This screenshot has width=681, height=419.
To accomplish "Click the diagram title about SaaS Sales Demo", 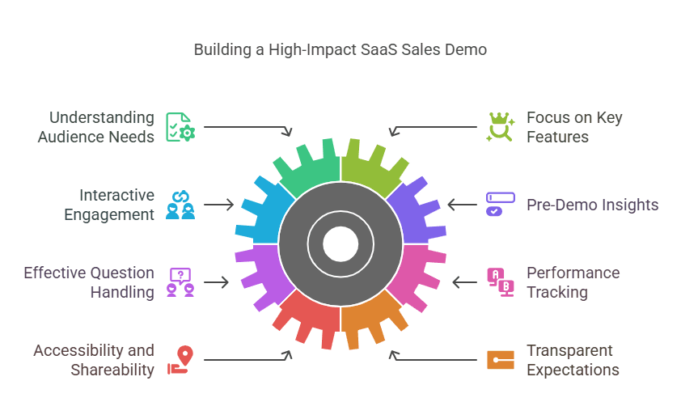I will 340,50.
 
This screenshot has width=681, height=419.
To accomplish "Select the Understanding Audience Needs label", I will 95,127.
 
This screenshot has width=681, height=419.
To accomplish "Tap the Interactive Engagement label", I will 116,205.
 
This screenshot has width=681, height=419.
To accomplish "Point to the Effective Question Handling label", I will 89,282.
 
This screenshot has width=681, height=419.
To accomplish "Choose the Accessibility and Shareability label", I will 94,360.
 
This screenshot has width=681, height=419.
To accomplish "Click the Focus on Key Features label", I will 574,127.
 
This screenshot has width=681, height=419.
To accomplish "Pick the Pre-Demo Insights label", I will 592,205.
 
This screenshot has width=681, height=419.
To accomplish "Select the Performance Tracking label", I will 573,282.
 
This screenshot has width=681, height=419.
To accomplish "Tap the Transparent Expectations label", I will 573,360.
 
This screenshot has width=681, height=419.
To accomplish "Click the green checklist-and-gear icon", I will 180,127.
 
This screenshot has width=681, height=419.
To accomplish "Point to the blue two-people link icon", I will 180,205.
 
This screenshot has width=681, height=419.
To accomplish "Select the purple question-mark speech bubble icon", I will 180,282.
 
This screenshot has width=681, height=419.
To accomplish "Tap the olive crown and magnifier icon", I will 500,127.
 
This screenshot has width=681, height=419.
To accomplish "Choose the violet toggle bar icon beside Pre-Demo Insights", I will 500,205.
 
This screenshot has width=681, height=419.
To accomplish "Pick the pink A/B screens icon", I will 500,282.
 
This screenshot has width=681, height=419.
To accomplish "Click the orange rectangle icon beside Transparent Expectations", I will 500,360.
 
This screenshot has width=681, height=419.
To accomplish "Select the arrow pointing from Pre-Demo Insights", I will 463,205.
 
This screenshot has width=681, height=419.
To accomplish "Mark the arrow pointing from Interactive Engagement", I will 218,205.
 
